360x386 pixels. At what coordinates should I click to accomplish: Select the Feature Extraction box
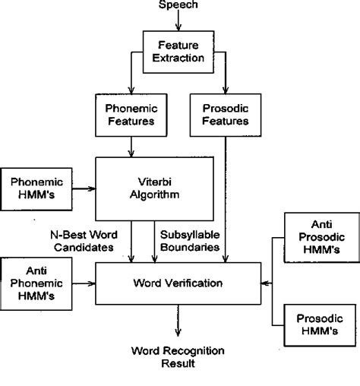179,51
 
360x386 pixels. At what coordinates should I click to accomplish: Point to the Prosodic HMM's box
318,327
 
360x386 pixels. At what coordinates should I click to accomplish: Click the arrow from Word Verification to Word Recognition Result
178,323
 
